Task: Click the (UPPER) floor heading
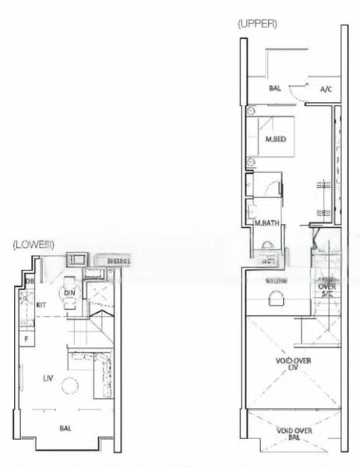(257, 24)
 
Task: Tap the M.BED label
(275, 140)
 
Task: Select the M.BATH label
(267, 224)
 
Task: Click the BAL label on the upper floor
(275, 89)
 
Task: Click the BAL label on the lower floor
(66, 428)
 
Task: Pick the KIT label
(42, 305)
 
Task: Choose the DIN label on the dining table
(69, 293)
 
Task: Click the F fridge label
(26, 339)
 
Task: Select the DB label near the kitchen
(30, 281)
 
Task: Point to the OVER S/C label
(327, 289)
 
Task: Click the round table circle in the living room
(69, 386)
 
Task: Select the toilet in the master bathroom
(266, 245)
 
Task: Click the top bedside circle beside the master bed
(251, 121)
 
